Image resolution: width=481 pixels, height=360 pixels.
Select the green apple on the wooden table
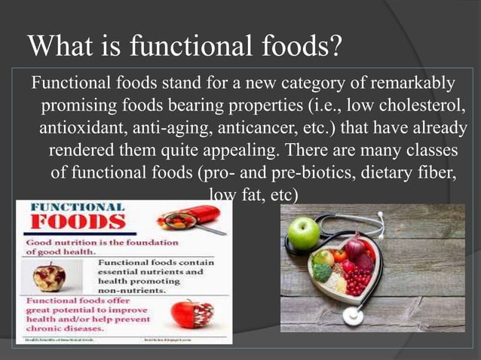pyautogui.click(x=304, y=233)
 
